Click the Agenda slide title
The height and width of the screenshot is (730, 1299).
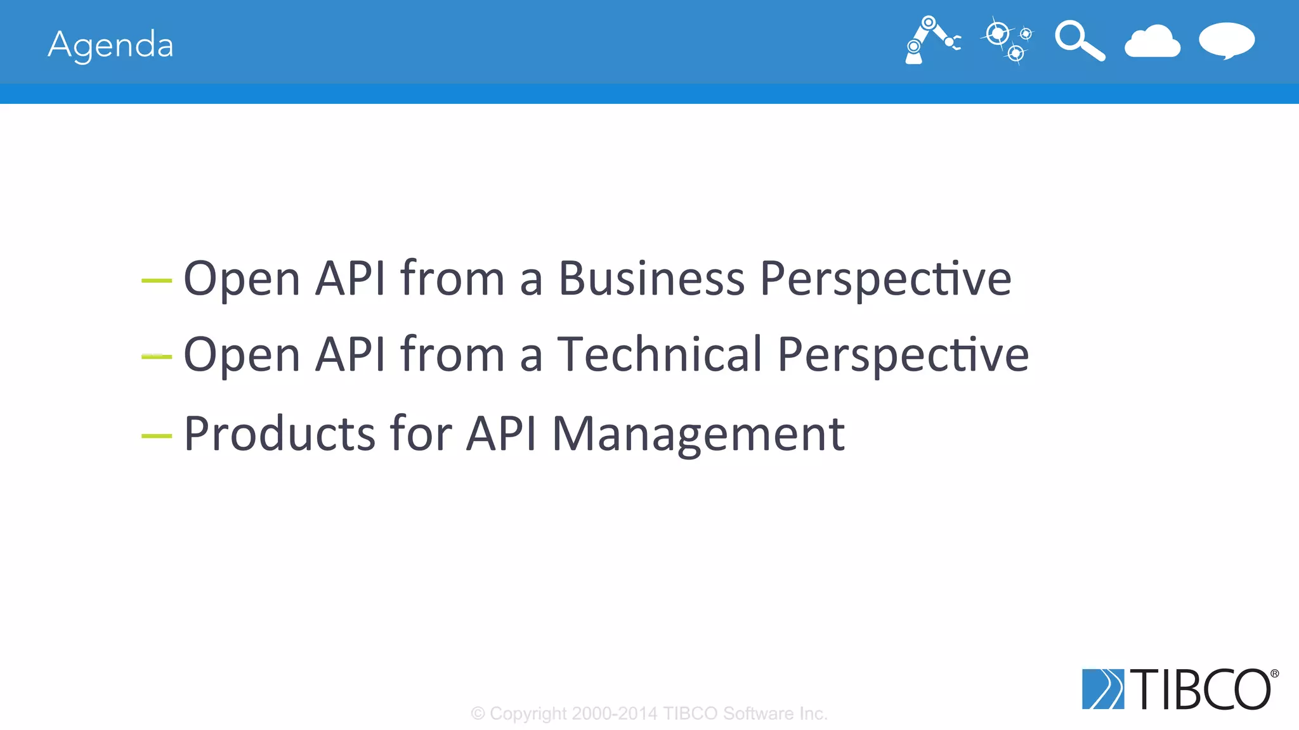110,45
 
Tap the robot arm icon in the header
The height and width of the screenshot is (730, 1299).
931,40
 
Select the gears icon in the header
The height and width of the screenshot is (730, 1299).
1007,41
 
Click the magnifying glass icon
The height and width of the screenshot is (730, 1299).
1080,41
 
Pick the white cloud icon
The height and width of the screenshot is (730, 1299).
1152,42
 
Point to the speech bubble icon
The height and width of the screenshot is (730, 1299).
1226,41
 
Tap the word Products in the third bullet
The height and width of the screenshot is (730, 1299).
280,433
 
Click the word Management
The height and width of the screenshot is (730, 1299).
698,433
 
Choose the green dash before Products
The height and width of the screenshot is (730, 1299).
156,436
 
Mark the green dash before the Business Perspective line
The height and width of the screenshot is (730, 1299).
156,279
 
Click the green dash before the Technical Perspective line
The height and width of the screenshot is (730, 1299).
156,357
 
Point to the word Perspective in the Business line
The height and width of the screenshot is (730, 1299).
885,279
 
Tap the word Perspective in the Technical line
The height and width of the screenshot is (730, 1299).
903,355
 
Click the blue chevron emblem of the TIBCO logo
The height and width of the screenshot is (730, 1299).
1102,689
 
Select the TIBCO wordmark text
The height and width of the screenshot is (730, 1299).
1201,689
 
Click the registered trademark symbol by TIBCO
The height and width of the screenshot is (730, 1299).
1274,674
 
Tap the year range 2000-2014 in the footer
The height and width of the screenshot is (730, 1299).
615,714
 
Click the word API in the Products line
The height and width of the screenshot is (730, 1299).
502,433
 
